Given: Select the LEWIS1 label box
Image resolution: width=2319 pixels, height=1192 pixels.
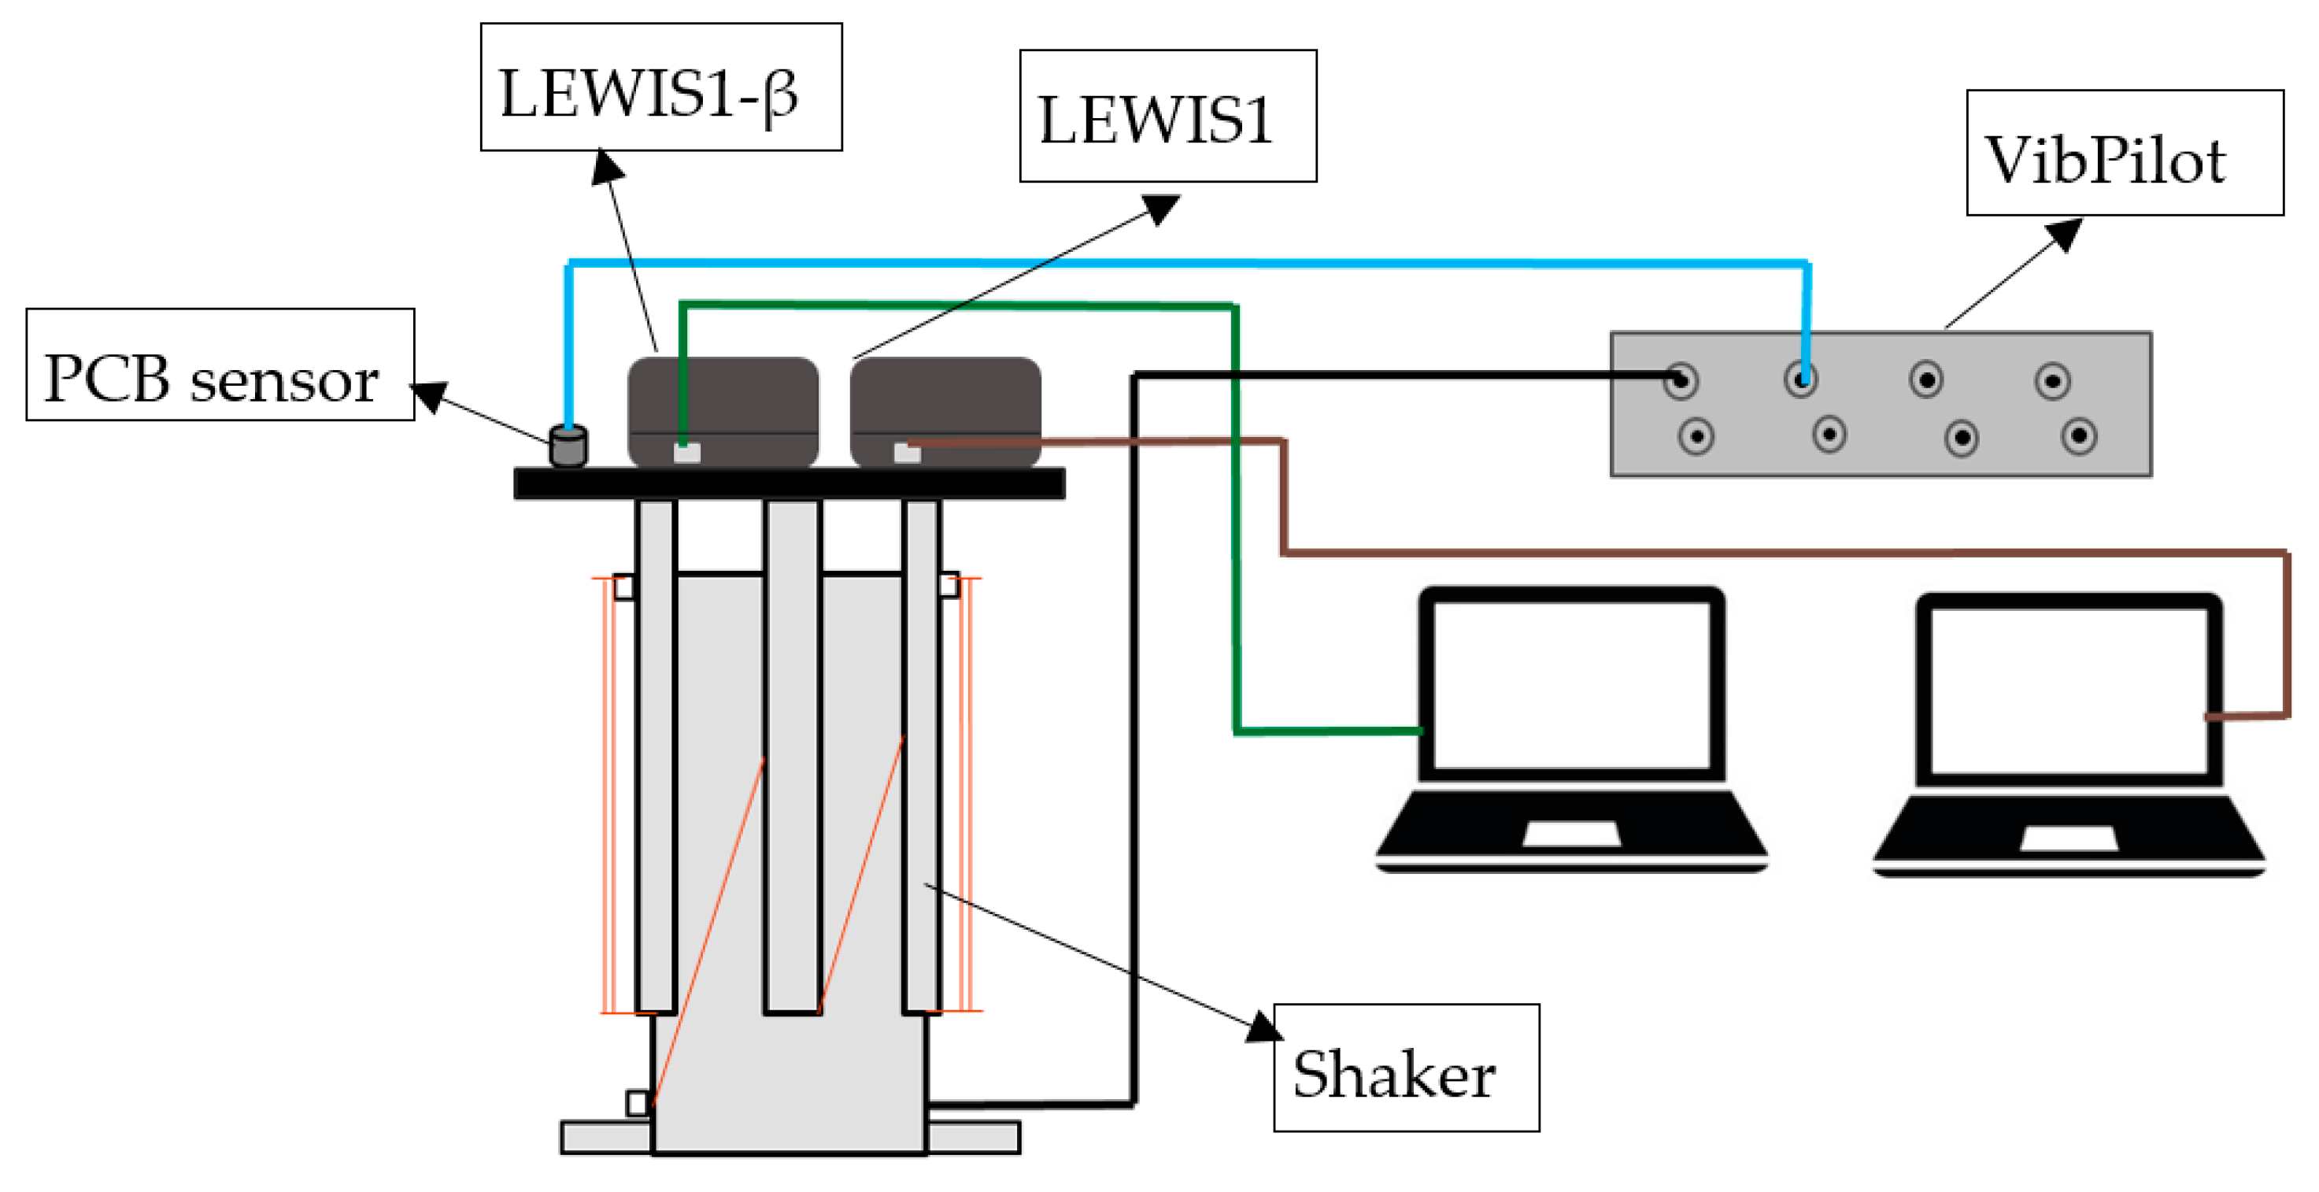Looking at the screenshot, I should point(1167,117).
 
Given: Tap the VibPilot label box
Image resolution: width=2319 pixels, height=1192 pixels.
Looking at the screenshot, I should point(2124,153).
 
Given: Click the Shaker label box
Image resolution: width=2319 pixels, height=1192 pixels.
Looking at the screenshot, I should point(1405,1067).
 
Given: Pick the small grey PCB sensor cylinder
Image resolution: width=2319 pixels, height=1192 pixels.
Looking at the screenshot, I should point(568,446).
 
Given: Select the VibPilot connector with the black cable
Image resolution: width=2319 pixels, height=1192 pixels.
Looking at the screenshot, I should point(1680,381).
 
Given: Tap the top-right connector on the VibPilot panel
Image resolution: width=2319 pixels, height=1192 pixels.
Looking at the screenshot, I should point(2051,381).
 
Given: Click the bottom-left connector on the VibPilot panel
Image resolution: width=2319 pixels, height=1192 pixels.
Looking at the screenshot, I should point(1696,437).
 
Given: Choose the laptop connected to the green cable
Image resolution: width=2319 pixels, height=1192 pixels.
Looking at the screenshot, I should point(1571,729).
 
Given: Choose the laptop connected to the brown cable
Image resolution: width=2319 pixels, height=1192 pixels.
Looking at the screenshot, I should point(2068,734).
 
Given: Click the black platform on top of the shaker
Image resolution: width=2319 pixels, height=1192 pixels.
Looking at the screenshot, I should point(789,483).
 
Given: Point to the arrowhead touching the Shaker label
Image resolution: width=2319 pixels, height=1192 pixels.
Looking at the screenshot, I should point(1264,1027).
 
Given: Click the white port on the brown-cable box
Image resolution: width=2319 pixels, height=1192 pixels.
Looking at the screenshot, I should point(907,453).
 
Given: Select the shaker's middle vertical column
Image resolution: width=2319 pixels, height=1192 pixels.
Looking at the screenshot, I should point(792,757).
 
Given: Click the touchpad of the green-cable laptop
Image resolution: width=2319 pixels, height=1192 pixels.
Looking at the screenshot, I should point(1571,834).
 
